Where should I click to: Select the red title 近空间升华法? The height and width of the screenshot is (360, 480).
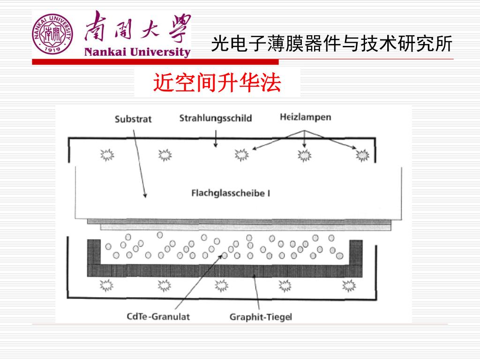pos(217,83)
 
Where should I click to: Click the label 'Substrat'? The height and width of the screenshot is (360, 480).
pos(133,119)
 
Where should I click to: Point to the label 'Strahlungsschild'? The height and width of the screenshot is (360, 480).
pos(215,118)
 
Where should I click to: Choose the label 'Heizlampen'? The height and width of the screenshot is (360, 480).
pos(305,117)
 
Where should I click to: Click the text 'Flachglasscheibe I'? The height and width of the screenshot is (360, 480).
pos(231,193)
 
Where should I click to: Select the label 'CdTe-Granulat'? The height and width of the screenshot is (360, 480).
pos(158,316)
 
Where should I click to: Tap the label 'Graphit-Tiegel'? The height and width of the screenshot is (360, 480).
pos(260,317)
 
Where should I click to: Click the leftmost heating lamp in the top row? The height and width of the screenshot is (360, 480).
pos(106,155)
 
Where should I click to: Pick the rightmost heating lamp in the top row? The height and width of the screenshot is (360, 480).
pos(362,155)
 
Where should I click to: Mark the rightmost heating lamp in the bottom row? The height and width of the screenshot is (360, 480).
pos(349,285)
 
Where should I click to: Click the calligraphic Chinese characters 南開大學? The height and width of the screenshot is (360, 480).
pos(137,27)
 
